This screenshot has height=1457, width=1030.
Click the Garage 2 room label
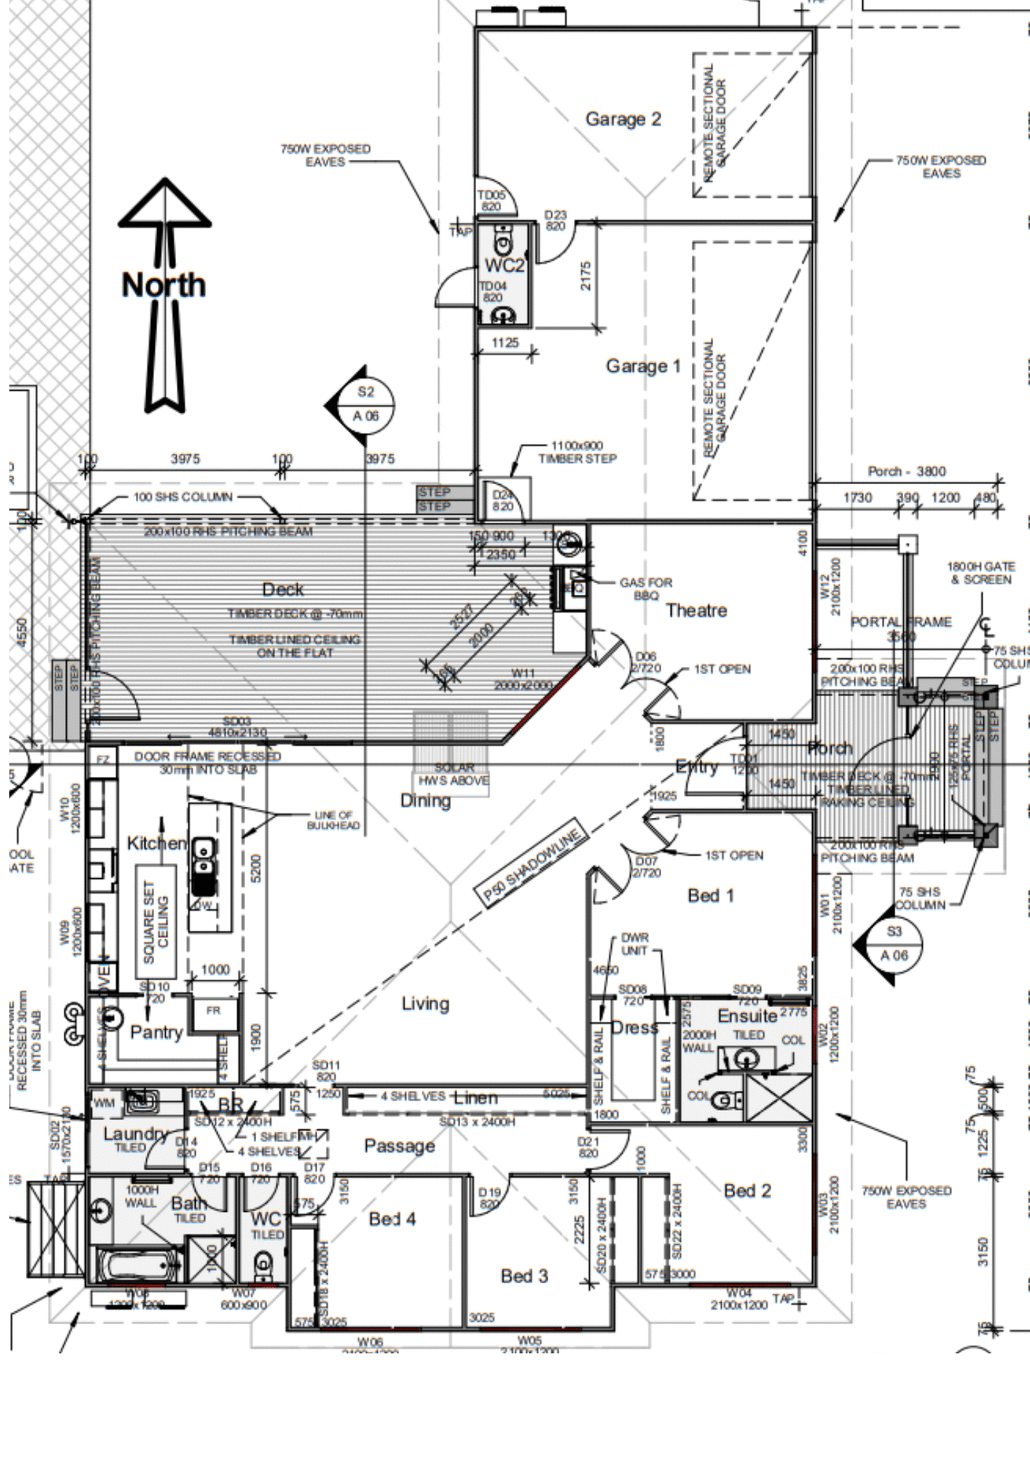click(x=622, y=119)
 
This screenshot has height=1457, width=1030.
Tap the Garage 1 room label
click(x=643, y=367)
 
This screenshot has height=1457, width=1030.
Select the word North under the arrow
click(x=164, y=285)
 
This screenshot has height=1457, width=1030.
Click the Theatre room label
click(x=696, y=610)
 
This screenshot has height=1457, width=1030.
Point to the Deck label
click(x=282, y=590)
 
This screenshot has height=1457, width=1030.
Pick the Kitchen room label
click(x=156, y=843)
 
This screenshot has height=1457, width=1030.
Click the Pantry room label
click(x=156, y=1032)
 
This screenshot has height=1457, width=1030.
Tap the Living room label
click(x=425, y=1004)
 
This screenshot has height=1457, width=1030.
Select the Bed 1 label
click(x=710, y=895)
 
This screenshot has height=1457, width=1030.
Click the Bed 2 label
click(x=747, y=1191)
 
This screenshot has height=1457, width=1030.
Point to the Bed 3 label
click(x=524, y=1276)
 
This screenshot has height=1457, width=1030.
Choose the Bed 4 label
click(x=392, y=1219)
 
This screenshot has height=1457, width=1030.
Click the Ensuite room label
click(x=747, y=1015)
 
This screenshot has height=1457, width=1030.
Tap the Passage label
click(x=399, y=1146)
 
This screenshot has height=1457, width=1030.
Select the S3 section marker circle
click(x=894, y=943)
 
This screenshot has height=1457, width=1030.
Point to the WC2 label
click(x=504, y=266)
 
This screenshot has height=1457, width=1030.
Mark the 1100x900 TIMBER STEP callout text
click(x=577, y=452)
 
